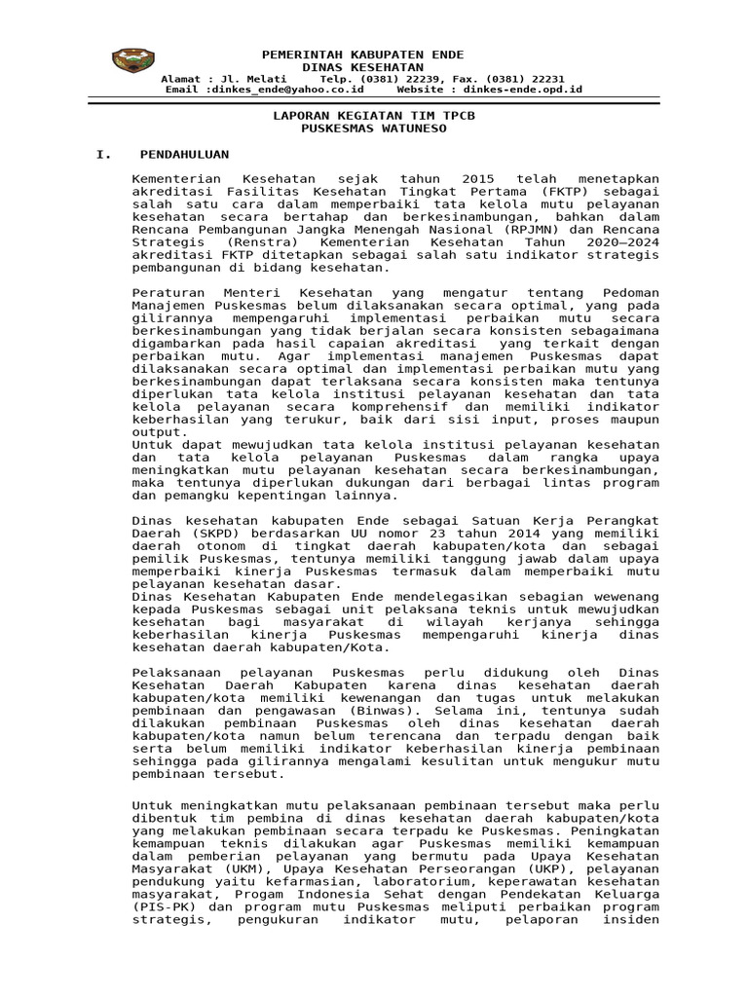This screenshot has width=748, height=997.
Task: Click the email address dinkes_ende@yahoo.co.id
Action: coord(285,89)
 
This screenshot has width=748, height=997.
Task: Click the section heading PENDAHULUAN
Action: coord(184,154)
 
